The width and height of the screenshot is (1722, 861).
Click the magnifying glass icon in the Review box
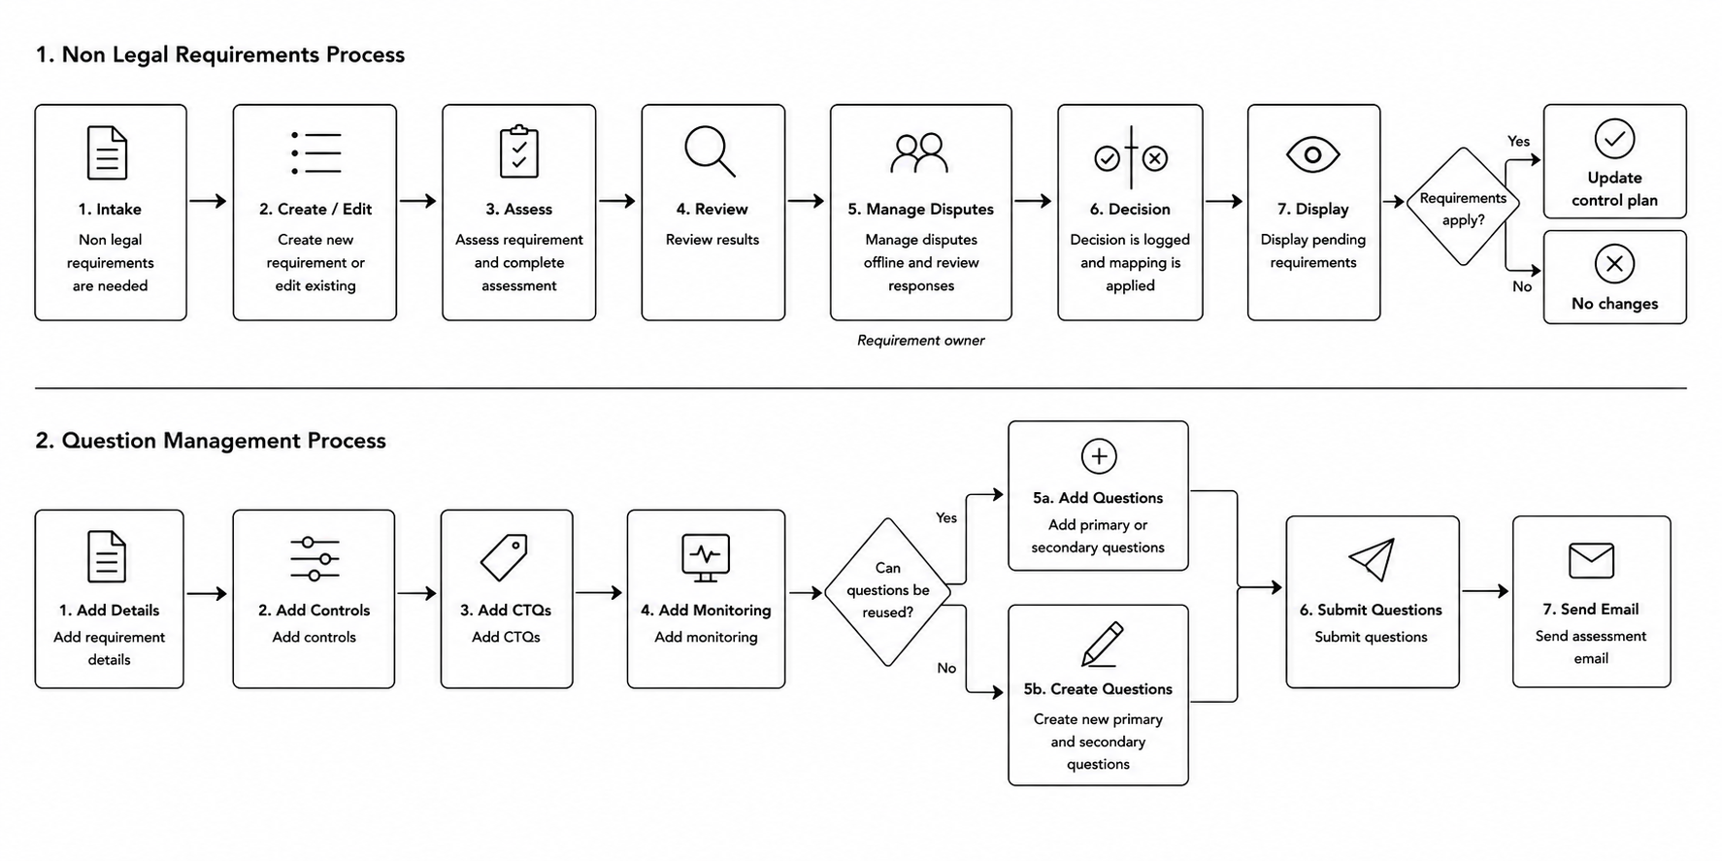point(710,151)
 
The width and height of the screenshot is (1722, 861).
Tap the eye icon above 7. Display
point(1312,154)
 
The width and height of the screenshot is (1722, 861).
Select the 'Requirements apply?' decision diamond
point(1463,207)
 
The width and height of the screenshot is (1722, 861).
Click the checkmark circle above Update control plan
point(1614,139)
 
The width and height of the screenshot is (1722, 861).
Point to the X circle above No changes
point(1614,263)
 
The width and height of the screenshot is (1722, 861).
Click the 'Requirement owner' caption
point(920,341)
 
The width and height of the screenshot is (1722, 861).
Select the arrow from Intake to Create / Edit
point(207,201)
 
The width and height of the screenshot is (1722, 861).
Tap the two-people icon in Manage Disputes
point(919,152)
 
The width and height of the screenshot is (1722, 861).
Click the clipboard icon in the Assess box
point(518,151)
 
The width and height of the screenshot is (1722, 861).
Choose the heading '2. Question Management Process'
point(211,441)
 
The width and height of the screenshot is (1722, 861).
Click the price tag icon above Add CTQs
point(504,557)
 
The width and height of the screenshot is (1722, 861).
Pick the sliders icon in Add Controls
point(315,558)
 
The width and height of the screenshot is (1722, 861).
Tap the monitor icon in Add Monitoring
point(706,558)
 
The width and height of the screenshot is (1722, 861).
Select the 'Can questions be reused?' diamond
point(887,591)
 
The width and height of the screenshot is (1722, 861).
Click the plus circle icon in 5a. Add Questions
point(1098,456)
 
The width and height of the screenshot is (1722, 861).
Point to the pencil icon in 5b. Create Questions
point(1101,644)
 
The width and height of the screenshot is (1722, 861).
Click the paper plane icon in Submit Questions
point(1372,559)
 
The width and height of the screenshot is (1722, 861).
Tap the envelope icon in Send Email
point(1591,560)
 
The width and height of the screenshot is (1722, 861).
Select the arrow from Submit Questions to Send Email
point(1485,590)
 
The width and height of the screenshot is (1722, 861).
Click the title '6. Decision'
point(1130,209)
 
